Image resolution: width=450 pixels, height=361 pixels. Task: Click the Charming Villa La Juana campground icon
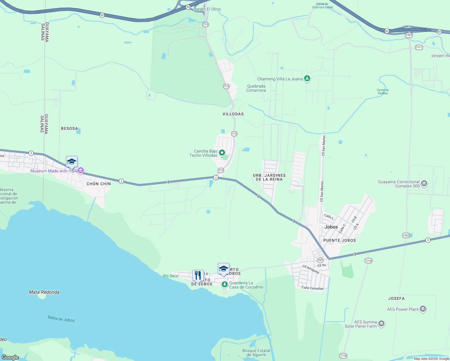(307, 79)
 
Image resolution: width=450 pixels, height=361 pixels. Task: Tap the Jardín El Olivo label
(207, 9)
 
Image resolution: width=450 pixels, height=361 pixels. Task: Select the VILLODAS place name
(233, 114)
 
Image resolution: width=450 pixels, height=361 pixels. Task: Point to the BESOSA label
(69, 128)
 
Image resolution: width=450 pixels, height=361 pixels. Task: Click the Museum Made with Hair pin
(81, 171)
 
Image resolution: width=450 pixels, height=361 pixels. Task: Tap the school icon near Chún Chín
(72, 162)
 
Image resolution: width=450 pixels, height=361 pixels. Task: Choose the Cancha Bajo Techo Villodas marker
(222, 153)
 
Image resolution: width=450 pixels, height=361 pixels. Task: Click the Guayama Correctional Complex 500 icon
(424, 184)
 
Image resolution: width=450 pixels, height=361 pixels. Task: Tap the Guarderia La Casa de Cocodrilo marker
(224, 284)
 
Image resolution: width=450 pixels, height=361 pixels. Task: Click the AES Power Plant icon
(423, 309)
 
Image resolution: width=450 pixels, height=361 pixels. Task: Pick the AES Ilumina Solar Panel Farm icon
(381, 324)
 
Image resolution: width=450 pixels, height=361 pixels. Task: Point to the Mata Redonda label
(44, 292)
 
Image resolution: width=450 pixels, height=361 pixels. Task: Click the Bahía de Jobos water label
(61, 319)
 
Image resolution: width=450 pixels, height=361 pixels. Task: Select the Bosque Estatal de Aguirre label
(256, 353)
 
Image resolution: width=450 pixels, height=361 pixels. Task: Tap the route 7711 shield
(419, 47)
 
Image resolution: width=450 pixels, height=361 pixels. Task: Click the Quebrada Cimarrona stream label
(256, 88)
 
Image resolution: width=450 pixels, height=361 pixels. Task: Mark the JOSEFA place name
(396, 298)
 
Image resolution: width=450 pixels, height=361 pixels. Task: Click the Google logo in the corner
(10, 357)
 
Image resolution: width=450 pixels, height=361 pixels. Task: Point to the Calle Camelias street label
(313, 288)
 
